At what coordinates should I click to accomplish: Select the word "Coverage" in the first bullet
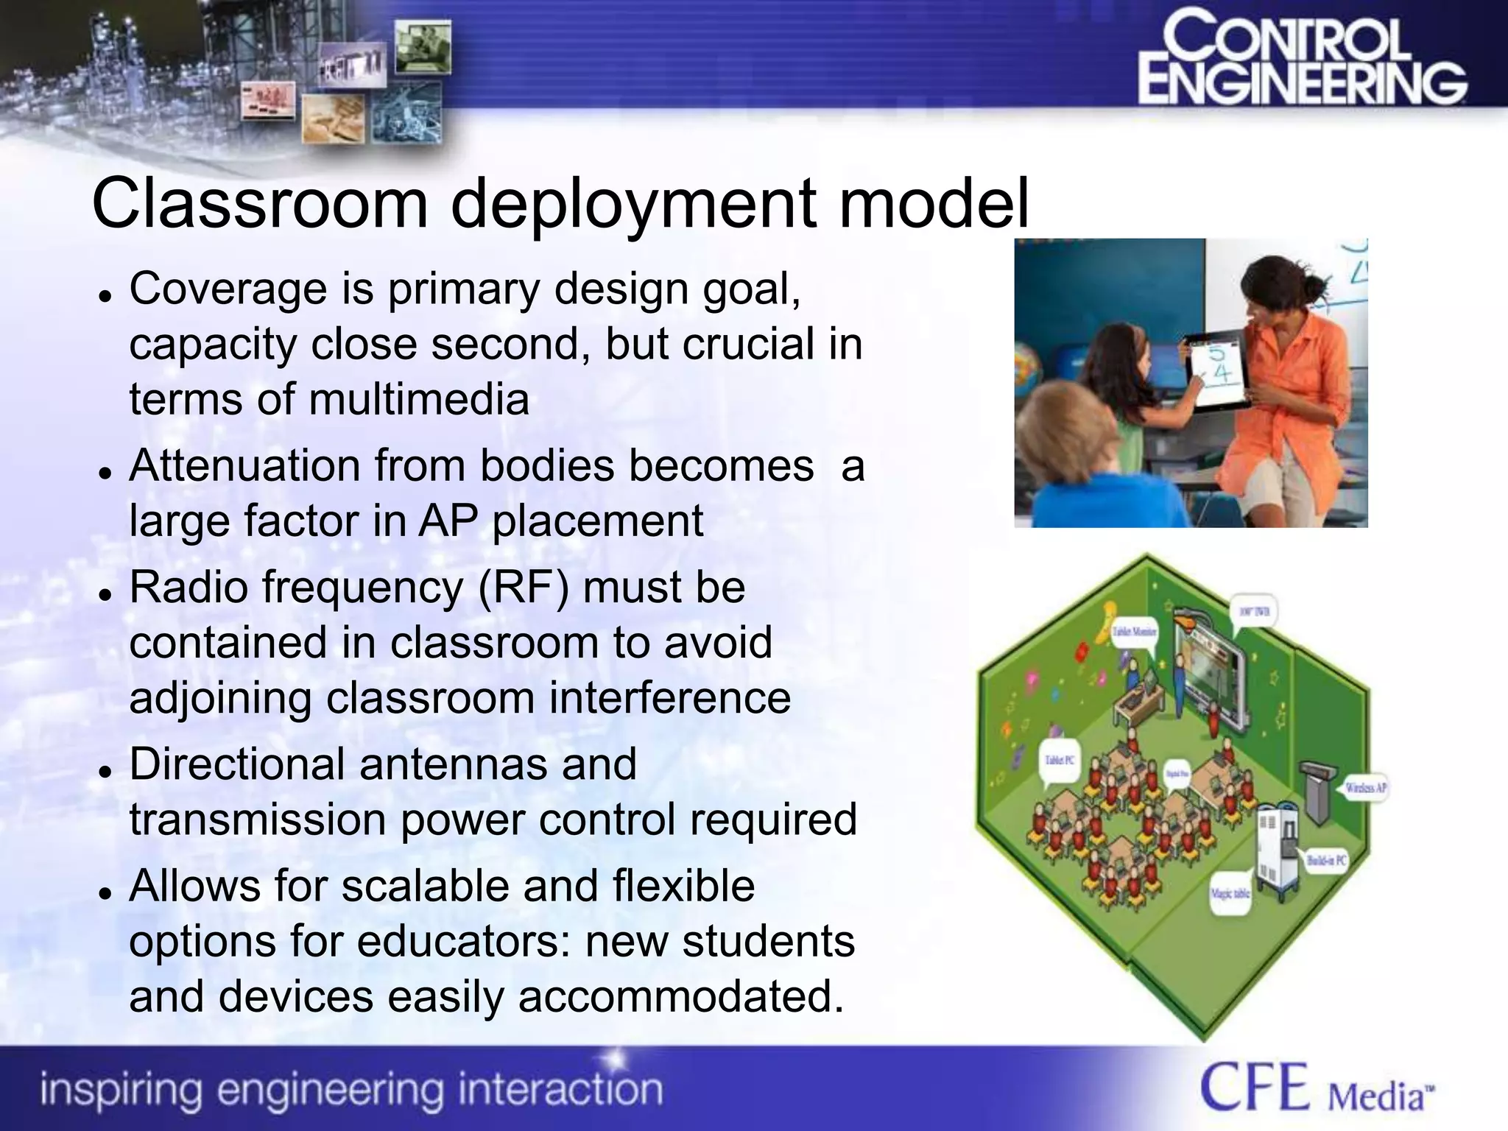click(x=228, y=289)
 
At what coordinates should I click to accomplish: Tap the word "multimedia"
click(x=418, y=400)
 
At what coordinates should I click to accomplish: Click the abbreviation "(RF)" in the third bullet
click(x=524, y=588)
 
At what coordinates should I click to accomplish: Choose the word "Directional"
click(x=237, y=764)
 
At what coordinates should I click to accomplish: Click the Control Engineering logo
click(x=1302, y=68)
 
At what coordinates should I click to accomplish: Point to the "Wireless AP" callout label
click(x=1367, y=788)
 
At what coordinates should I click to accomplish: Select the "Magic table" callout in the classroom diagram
click(x=1230, y=894)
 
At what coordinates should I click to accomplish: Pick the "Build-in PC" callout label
click(x=1326, y=860)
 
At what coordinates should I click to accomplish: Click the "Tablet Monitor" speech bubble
click(x=1134, y=632)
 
